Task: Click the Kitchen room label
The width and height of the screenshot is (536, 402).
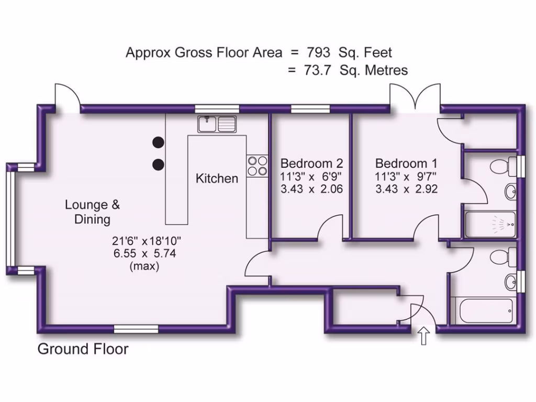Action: pyautogui.click(x=217, y=178)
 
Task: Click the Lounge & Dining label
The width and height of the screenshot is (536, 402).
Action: pyautogui.click(x=88, y=211)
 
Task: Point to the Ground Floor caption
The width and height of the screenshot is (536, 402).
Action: pyautogui.click(x=83, y=349)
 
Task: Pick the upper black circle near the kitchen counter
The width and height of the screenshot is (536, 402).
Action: pyautogui.click(x=158, y=142)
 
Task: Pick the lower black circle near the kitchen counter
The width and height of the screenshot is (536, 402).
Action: pyautogui.click(x=158, y=165)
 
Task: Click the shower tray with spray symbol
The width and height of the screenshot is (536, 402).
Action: pyautogui.click(x=490, y=224)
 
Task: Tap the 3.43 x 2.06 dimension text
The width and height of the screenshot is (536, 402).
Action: pyautogui.click(x=311, y=189)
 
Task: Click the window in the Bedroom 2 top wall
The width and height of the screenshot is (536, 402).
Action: pyautogui.click(x=310, y=109)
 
